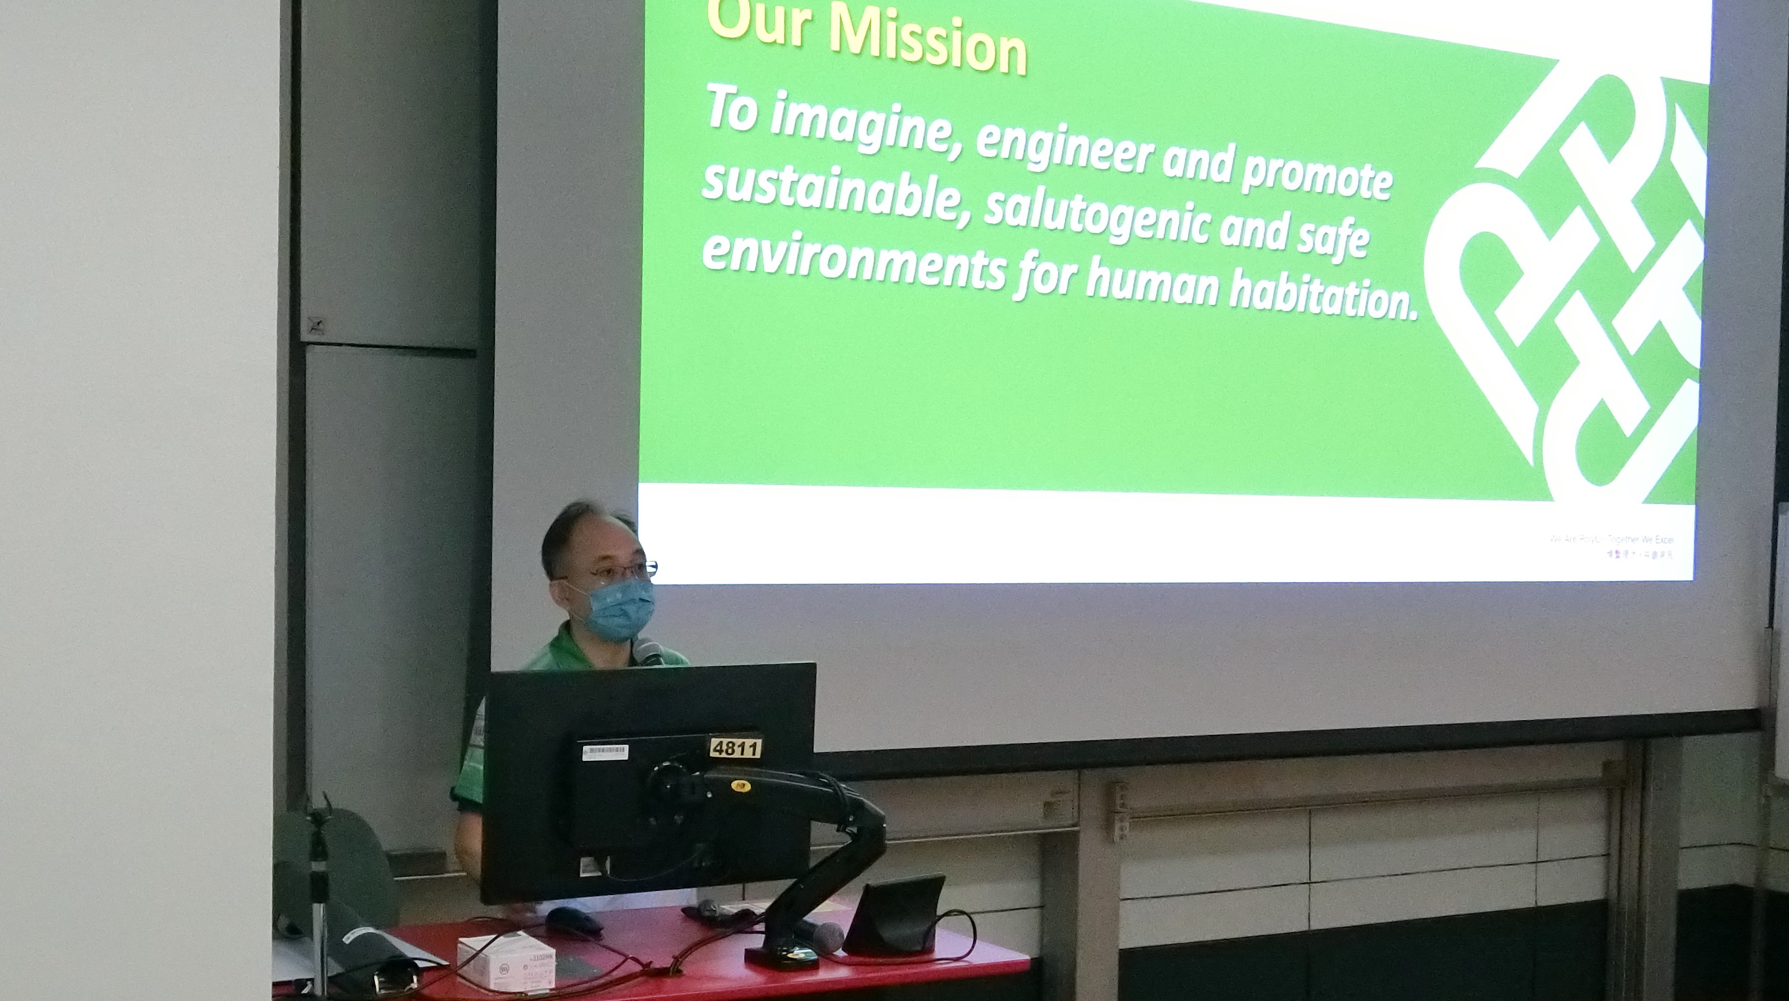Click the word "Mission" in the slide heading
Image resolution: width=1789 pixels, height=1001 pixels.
[x=927, y=40]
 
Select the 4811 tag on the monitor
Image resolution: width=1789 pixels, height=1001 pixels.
[x=735, y=748]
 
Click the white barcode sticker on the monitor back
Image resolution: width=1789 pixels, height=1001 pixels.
[x=604, y=752]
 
